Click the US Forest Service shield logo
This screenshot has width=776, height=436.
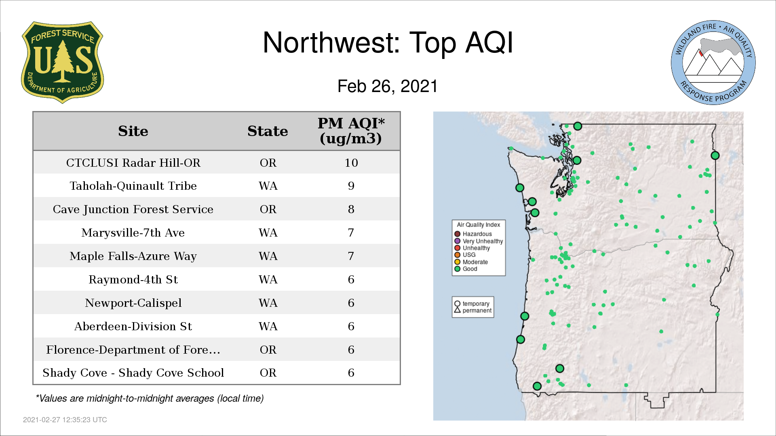(62, 63)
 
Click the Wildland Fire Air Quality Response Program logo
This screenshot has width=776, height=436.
(713, 63)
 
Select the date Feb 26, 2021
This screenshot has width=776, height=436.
(388, 86)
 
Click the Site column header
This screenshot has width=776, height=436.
(133, 131)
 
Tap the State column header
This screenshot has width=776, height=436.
(268, 131)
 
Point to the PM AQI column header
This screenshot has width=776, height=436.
(351, 131)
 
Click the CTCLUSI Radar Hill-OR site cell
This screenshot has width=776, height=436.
(133, 163)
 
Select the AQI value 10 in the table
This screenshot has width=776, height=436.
(351, 163)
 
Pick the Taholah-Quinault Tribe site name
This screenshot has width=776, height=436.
(133, 186)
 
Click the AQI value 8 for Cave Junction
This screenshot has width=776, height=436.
(351, 209)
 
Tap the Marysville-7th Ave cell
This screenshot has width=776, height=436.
(133, 233)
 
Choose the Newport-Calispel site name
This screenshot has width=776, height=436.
(133, 303)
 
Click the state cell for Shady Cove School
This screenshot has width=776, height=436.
(268, 373)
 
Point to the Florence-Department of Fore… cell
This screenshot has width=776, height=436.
(133, 350)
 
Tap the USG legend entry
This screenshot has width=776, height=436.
(465, 255)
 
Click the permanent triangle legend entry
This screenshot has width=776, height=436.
(473, 310)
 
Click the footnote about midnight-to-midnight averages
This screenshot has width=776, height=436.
(150, 398)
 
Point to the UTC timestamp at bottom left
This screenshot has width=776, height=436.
(65, 420)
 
